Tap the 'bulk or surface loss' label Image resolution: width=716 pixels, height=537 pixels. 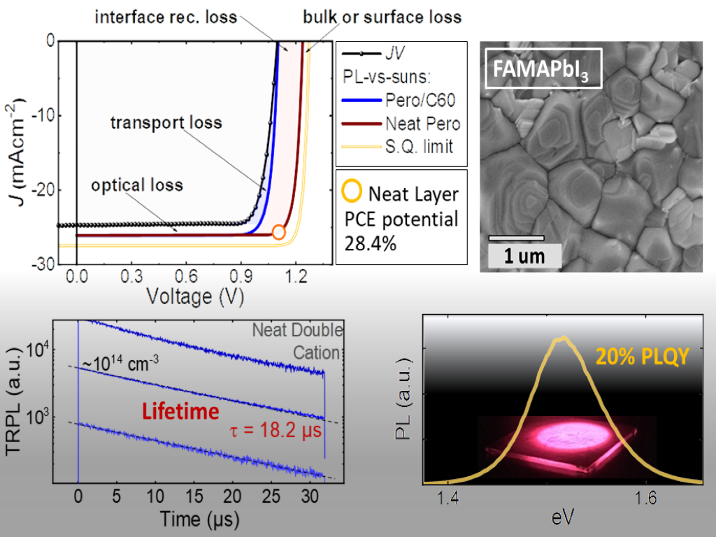pos(382,15)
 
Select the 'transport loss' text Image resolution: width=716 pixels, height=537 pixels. pos(166,123)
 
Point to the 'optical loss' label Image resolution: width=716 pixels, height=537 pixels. pos(136,185)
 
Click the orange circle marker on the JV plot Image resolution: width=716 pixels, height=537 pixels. pos(278,232)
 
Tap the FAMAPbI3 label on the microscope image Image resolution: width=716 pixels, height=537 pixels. pos(543,68)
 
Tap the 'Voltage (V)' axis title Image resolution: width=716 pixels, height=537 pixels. pos(194,297)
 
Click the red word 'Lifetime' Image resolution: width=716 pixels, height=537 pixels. pos(180,412)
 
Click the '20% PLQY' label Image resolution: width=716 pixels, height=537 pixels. pos(643,357)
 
